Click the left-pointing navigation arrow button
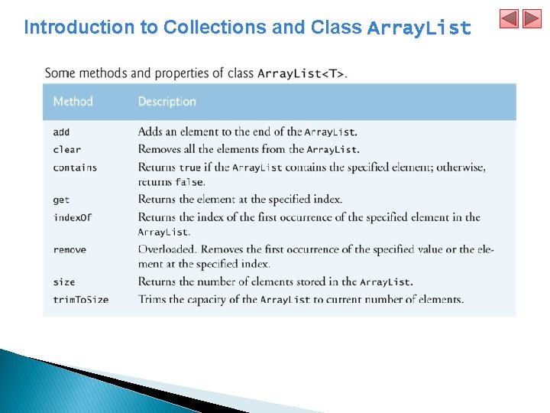(x=510, y=19)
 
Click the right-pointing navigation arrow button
(x=532, y=19)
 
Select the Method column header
(x=73, y=102)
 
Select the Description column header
(x=167, y=102)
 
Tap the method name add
(x=61, y=132)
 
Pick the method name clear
(x=66, y=149)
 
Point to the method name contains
(x=75, y=167)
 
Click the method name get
(x=61, y=200)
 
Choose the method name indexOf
(x=72, y=217)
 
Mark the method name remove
(x=70, y=250)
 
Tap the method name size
(x=64, y=282)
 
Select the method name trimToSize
(x=80, y=299)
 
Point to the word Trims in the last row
(x=152, y=298)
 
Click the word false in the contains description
(x=189, y=182)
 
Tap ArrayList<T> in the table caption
(x=301, y=74)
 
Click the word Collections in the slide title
(x=215, y=28)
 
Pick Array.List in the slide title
(x=419, y=28)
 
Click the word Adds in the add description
(x=150, y=132)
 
